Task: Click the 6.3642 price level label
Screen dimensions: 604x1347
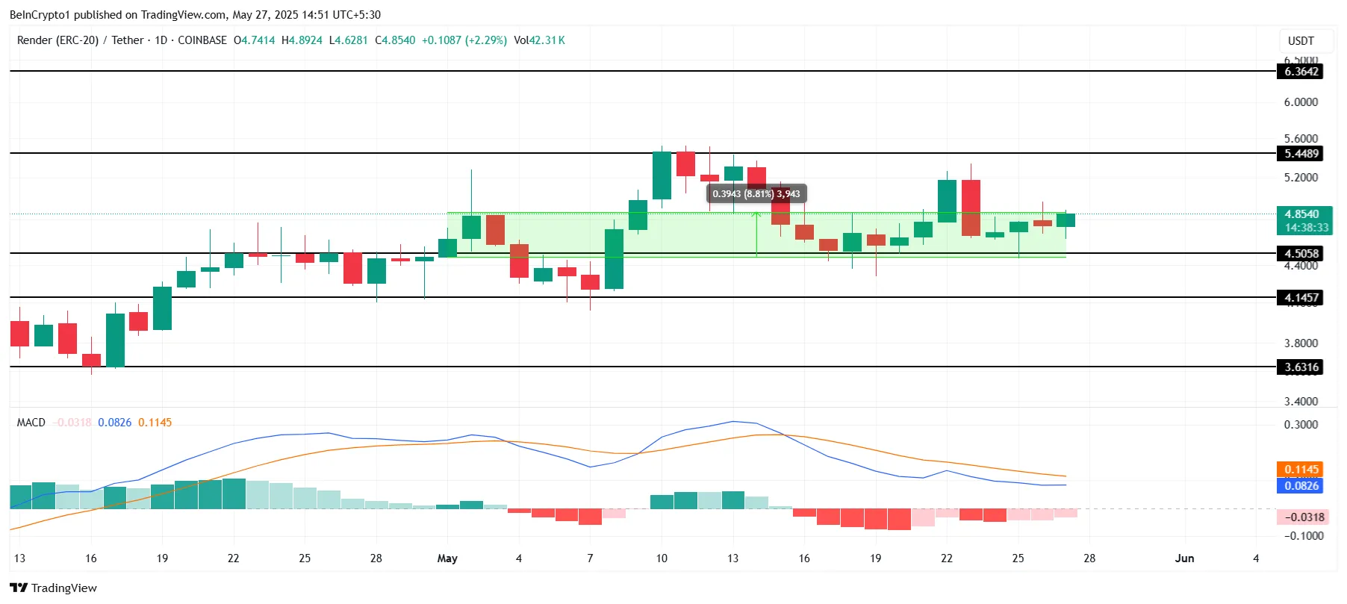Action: (x=1301, y=72)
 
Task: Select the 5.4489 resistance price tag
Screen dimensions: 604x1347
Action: (x=1301, y=154)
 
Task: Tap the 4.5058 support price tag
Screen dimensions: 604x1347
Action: (x=1301, y=254)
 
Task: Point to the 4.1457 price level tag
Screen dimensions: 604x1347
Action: (x=1301, y=298)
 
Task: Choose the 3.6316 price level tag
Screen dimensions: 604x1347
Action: (x=1301, y=367)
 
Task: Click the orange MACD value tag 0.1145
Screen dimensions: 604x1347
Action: (x=1301, y=470)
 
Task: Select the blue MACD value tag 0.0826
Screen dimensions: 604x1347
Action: (x=1301, y=486)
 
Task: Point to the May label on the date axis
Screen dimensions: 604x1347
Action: (x=447, y=558)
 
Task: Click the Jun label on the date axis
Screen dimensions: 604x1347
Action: (x=1184, y=558)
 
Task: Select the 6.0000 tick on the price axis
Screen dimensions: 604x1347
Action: (x=1301, y=102)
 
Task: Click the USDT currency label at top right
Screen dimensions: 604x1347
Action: (x=1301, y=41)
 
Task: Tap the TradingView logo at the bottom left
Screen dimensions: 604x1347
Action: (x=54, y=588)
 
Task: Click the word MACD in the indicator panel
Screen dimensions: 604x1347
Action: (x=31, y=423)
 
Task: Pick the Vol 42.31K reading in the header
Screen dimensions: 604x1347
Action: (x=539, y=40)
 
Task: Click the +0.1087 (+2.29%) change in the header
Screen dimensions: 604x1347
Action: (x=464, y=40)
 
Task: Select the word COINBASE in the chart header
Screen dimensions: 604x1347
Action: (x=202, y=40)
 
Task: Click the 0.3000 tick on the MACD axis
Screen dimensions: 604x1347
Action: (x=1301, y=425)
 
